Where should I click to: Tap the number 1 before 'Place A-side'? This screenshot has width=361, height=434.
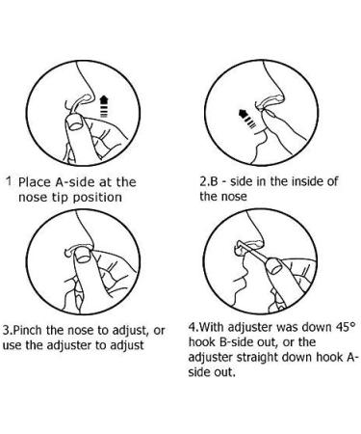coord(9,179)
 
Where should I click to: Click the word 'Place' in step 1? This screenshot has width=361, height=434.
coord(37,180)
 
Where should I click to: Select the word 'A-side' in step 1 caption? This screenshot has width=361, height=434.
coord(81,180)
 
